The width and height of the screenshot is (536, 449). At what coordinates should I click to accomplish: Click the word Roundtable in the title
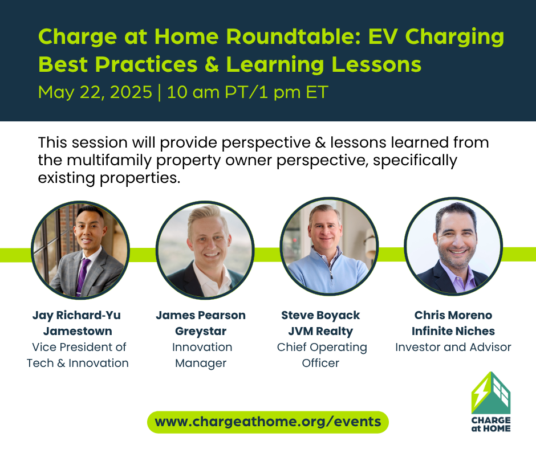[293, 36]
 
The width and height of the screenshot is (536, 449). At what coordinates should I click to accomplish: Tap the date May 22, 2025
[95, 92]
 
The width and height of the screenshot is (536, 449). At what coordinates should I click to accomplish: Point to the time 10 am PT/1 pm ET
[247, 92]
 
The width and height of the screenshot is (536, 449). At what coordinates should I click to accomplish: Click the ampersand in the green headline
[212, 64]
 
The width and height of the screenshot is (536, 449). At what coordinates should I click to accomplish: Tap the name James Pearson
[201, 315]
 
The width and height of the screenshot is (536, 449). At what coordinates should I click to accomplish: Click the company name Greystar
[201, 331]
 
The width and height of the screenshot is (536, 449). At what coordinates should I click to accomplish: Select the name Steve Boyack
[320, 315]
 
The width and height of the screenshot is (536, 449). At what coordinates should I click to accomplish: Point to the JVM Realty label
[320, 331]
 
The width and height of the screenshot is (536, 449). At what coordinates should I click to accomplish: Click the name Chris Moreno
[453, 315]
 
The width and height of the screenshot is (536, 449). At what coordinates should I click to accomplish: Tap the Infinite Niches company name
[453, 331]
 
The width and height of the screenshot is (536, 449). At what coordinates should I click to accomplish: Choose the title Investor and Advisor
[453, 347]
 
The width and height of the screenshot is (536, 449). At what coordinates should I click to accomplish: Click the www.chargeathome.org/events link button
[268, 422]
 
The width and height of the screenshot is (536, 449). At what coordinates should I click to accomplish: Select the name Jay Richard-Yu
[76, 315]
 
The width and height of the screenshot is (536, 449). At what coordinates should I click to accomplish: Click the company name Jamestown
[78, 331]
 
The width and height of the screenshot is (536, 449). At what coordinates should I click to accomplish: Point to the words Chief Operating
[322, 347]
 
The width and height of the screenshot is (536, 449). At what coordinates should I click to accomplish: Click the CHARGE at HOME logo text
[491, 424]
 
